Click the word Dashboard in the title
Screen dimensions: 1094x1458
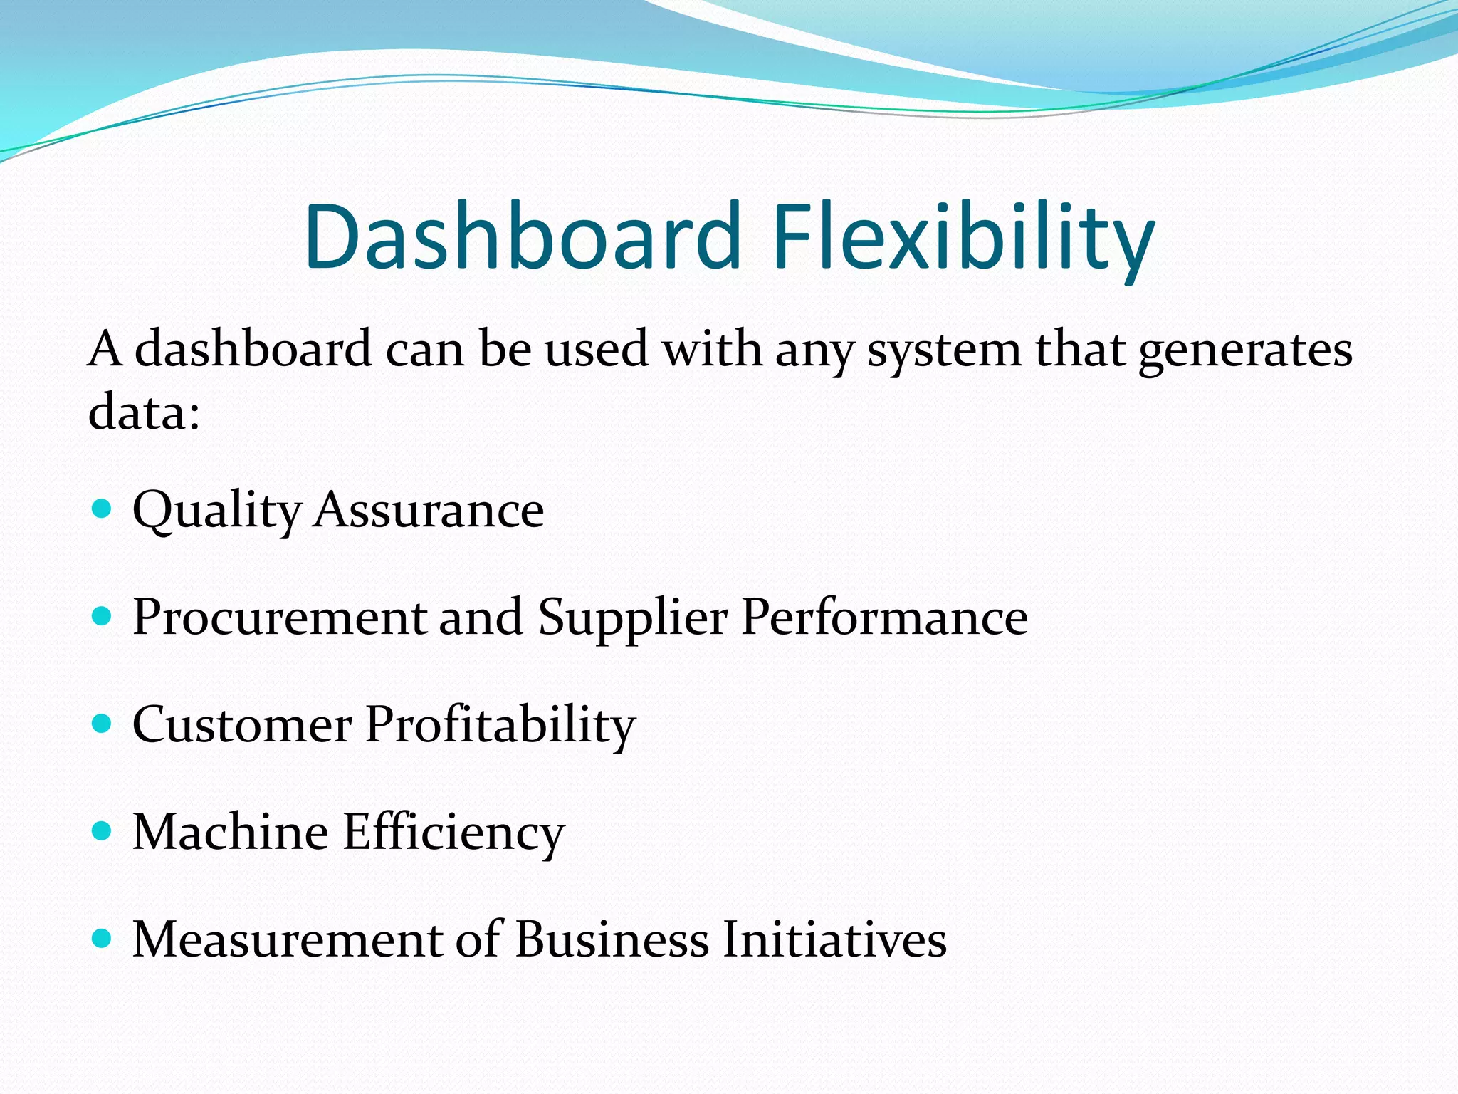(523, 236)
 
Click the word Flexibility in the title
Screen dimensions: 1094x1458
(963, 236)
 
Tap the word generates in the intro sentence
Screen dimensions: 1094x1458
(1244, 350)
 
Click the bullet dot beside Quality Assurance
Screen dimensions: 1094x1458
(103, 508)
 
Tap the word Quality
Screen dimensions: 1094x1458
(217, 510)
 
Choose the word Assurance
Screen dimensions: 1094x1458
(429, 510)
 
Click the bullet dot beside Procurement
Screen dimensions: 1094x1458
(103, 615)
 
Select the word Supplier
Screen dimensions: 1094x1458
(633, 617)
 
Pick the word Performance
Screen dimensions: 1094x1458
(884, 617)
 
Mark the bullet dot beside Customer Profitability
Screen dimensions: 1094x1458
(103, 724)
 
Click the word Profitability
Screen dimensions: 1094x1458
(500, 725)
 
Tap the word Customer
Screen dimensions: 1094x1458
(242, 725)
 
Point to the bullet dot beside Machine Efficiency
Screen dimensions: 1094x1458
(103, 831)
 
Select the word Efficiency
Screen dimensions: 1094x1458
(453, 833)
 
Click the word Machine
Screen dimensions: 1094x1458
(231, 833)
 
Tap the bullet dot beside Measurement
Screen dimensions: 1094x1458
(103, 939)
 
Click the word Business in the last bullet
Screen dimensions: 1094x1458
(612, 939)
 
